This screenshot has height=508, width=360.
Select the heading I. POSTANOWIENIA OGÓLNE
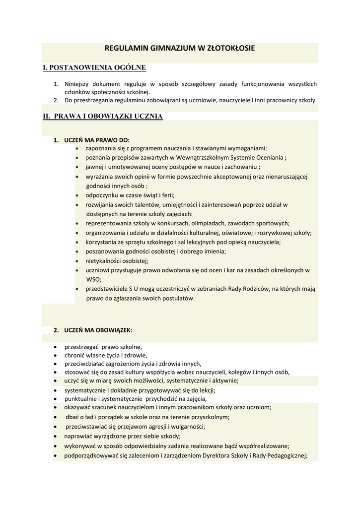94,67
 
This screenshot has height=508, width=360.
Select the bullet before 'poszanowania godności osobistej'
77,252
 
